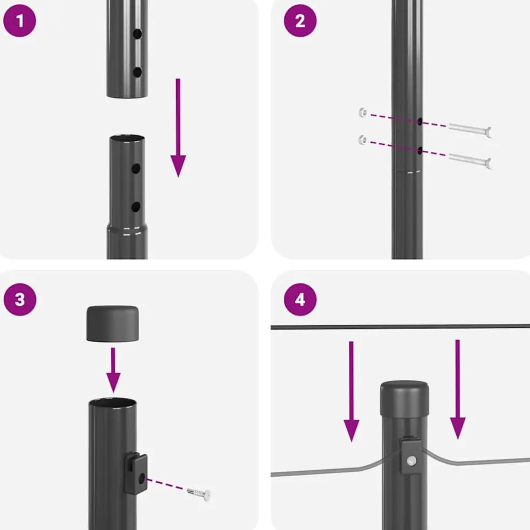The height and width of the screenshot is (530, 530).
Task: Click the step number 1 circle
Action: pos(19,20)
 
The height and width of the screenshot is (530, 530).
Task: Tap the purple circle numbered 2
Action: pos(300,20)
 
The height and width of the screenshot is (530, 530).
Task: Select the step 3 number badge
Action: pos(20,299)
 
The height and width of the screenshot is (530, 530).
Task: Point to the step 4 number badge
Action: pos(300,299)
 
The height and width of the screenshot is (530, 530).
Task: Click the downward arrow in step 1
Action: pos(178,128)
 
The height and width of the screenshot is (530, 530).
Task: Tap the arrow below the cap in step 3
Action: pos(113,370)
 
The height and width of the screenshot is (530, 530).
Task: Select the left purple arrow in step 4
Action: pos(352,392)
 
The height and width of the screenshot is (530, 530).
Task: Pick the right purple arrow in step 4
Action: pos(458,389)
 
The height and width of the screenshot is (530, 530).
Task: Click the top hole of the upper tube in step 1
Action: pos(137,34)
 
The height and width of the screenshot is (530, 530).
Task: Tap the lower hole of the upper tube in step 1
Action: pos(137,72)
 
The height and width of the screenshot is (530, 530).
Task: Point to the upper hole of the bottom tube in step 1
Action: pos(136,169)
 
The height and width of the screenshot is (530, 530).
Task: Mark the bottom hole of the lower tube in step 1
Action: pos(136,207)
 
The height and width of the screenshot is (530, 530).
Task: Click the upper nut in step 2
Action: pos(362,112)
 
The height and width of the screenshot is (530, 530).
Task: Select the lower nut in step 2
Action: pos(362,140)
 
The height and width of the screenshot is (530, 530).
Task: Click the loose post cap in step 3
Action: pos(113,324)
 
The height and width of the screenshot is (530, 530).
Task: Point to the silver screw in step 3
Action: pos(199,494)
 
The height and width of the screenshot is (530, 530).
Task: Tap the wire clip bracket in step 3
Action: pos(136,473)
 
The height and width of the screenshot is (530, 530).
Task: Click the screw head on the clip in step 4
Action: pos(412,460)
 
